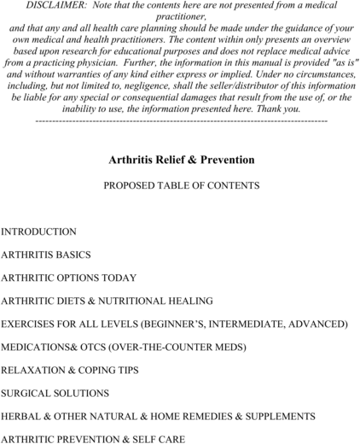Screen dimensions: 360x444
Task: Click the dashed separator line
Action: (181, 120)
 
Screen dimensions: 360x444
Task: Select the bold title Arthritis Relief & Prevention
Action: (182, 160)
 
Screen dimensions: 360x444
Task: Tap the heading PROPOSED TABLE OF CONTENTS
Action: (181, 185)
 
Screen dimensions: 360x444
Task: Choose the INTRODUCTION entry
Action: (38, 231)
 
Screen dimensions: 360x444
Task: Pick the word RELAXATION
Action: (35, 371)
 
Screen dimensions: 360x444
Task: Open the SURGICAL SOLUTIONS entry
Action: (55, 394)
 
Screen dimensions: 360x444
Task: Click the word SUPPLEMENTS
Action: (279, 417)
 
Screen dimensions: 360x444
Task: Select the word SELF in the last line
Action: (147, 439)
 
